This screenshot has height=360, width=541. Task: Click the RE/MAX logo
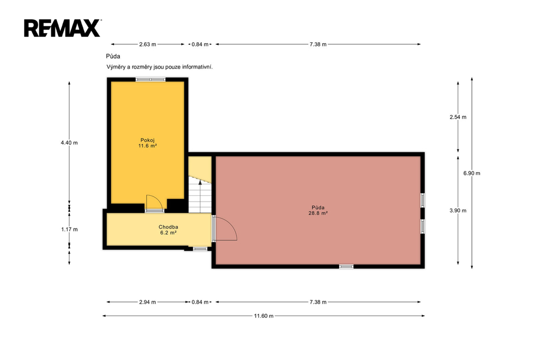(x=62, y=28)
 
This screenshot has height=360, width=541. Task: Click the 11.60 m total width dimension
(x=264, y=316)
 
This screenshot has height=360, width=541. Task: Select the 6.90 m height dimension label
(x=472, y=173)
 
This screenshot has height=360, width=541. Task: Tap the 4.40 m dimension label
(x=69, y=143)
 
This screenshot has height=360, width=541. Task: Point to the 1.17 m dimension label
(x=69, y=229)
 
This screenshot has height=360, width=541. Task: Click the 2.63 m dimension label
(x=147, y=44)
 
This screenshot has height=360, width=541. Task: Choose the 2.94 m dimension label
(x=147, y=302)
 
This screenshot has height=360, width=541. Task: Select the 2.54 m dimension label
(x=458, y=117)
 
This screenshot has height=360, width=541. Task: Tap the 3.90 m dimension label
(x=458, y=210)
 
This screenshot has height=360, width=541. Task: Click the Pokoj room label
(x=147, y=140)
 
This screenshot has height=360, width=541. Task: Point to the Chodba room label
(x=169, y=227)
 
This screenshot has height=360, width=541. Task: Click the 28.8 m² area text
(x=318, y=213)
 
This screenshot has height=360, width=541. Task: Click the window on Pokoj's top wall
(x=151, y=80)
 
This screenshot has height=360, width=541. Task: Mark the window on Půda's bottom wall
(x=346, y=266)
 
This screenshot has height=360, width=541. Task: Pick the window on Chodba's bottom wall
(x=200, y=249)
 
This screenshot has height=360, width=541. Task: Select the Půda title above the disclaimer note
(x=113, y=56)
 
